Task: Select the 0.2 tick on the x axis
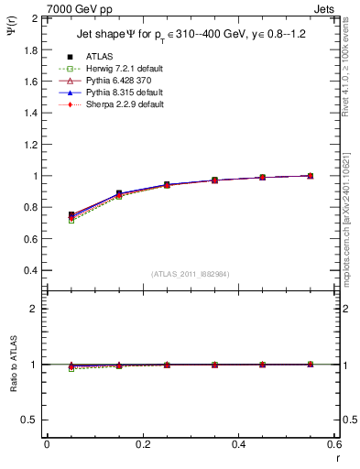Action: click(142, 443)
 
